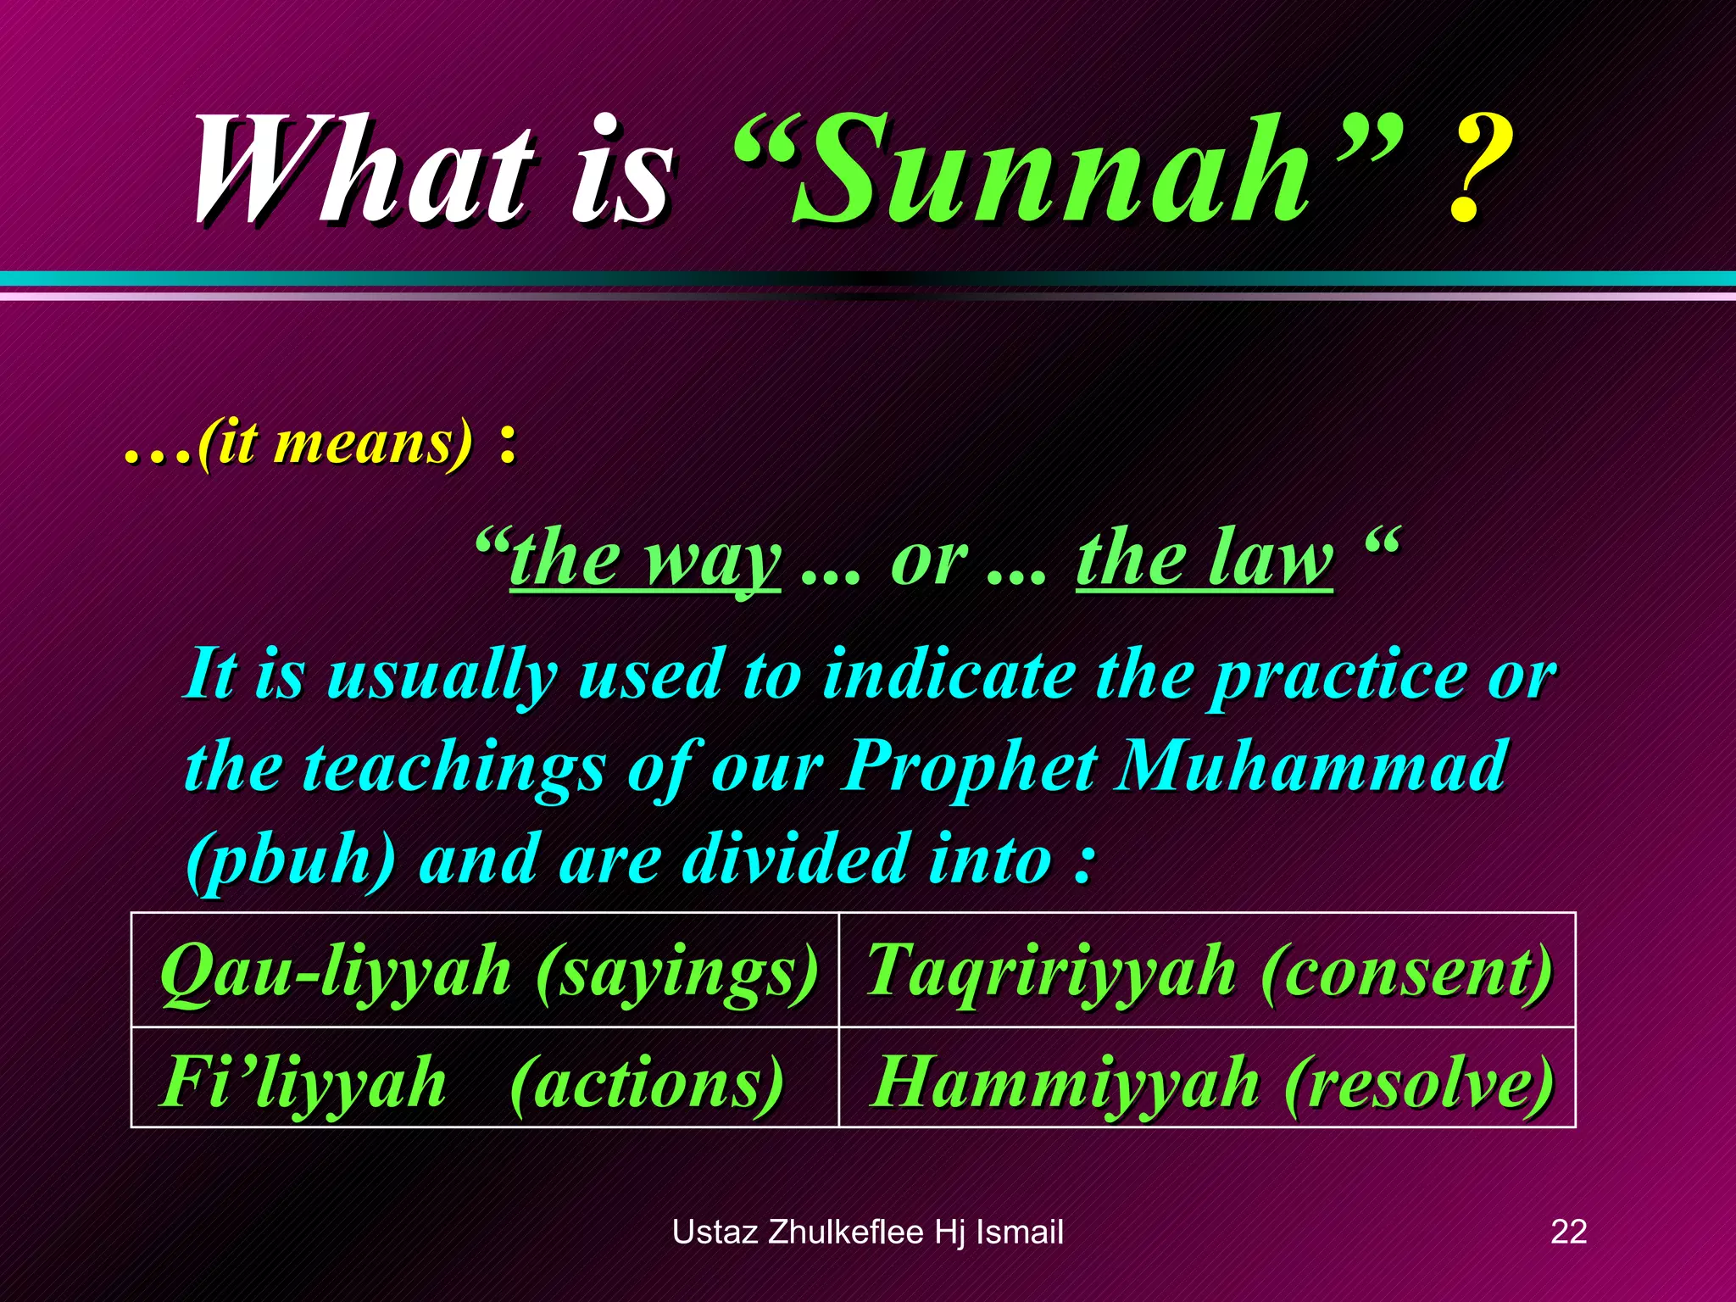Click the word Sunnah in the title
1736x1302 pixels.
[1051, 170]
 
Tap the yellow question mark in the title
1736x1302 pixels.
[1479, 170]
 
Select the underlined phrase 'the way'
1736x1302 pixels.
[644, 559]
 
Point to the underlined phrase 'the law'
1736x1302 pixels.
[1204, 559]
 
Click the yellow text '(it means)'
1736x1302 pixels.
[335, 442]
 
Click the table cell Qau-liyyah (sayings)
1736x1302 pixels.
[488, 971]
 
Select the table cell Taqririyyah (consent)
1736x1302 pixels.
[1209, 971]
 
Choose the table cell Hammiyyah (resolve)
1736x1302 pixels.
[1212, 1082]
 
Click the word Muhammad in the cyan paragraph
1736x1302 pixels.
[1310, 767]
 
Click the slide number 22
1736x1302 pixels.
[1568, 1232]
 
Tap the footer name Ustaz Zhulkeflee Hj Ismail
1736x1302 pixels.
[867, 1232]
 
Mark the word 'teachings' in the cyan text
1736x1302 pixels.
[453, 767]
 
